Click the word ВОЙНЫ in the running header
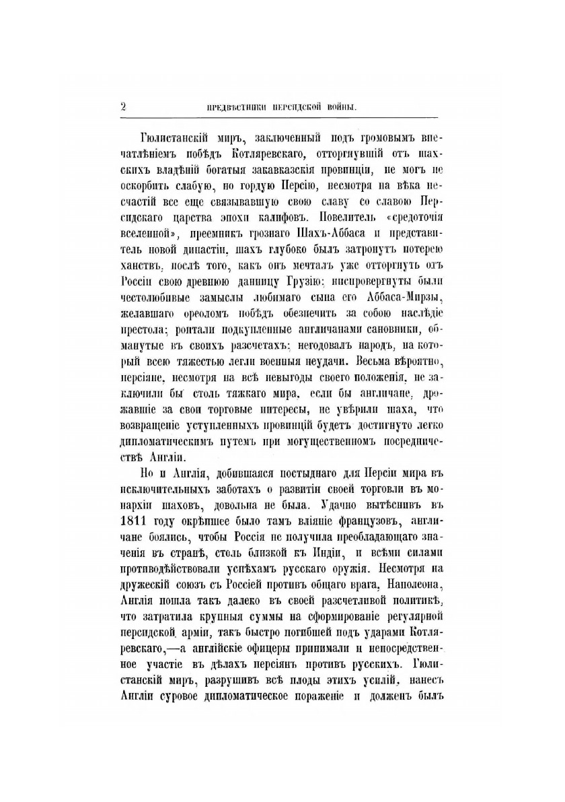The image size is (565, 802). click(x=338, y=106)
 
